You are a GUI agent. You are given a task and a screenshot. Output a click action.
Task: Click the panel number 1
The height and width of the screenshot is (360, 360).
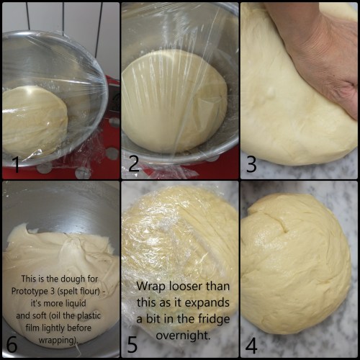click(17, 163)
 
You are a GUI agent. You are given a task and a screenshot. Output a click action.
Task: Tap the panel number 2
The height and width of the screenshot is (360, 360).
click(134, 163)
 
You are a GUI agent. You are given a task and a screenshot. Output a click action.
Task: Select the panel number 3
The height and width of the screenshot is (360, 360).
click(251, 164)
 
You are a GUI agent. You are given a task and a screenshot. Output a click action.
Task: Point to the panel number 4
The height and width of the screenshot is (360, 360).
click(251, 346)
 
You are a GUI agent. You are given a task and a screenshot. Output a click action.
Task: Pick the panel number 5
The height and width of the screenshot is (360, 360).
click(132, 344)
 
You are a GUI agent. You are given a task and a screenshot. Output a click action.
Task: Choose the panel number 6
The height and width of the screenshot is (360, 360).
click(12, 344)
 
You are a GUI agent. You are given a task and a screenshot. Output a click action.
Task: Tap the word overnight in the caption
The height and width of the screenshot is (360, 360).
click(183, 335)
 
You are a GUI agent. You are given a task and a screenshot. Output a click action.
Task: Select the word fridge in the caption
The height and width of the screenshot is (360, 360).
click(214, 319)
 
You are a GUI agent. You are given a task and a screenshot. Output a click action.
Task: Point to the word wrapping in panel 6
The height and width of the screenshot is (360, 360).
click(58, 341)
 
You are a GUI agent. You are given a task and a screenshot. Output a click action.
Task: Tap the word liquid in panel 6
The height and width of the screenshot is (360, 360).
click(76, 303)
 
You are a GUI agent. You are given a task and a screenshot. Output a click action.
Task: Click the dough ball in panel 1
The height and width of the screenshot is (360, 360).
click(35, 120)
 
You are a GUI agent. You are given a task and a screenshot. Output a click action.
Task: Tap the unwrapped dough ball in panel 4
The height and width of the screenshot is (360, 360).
click(295, 264)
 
